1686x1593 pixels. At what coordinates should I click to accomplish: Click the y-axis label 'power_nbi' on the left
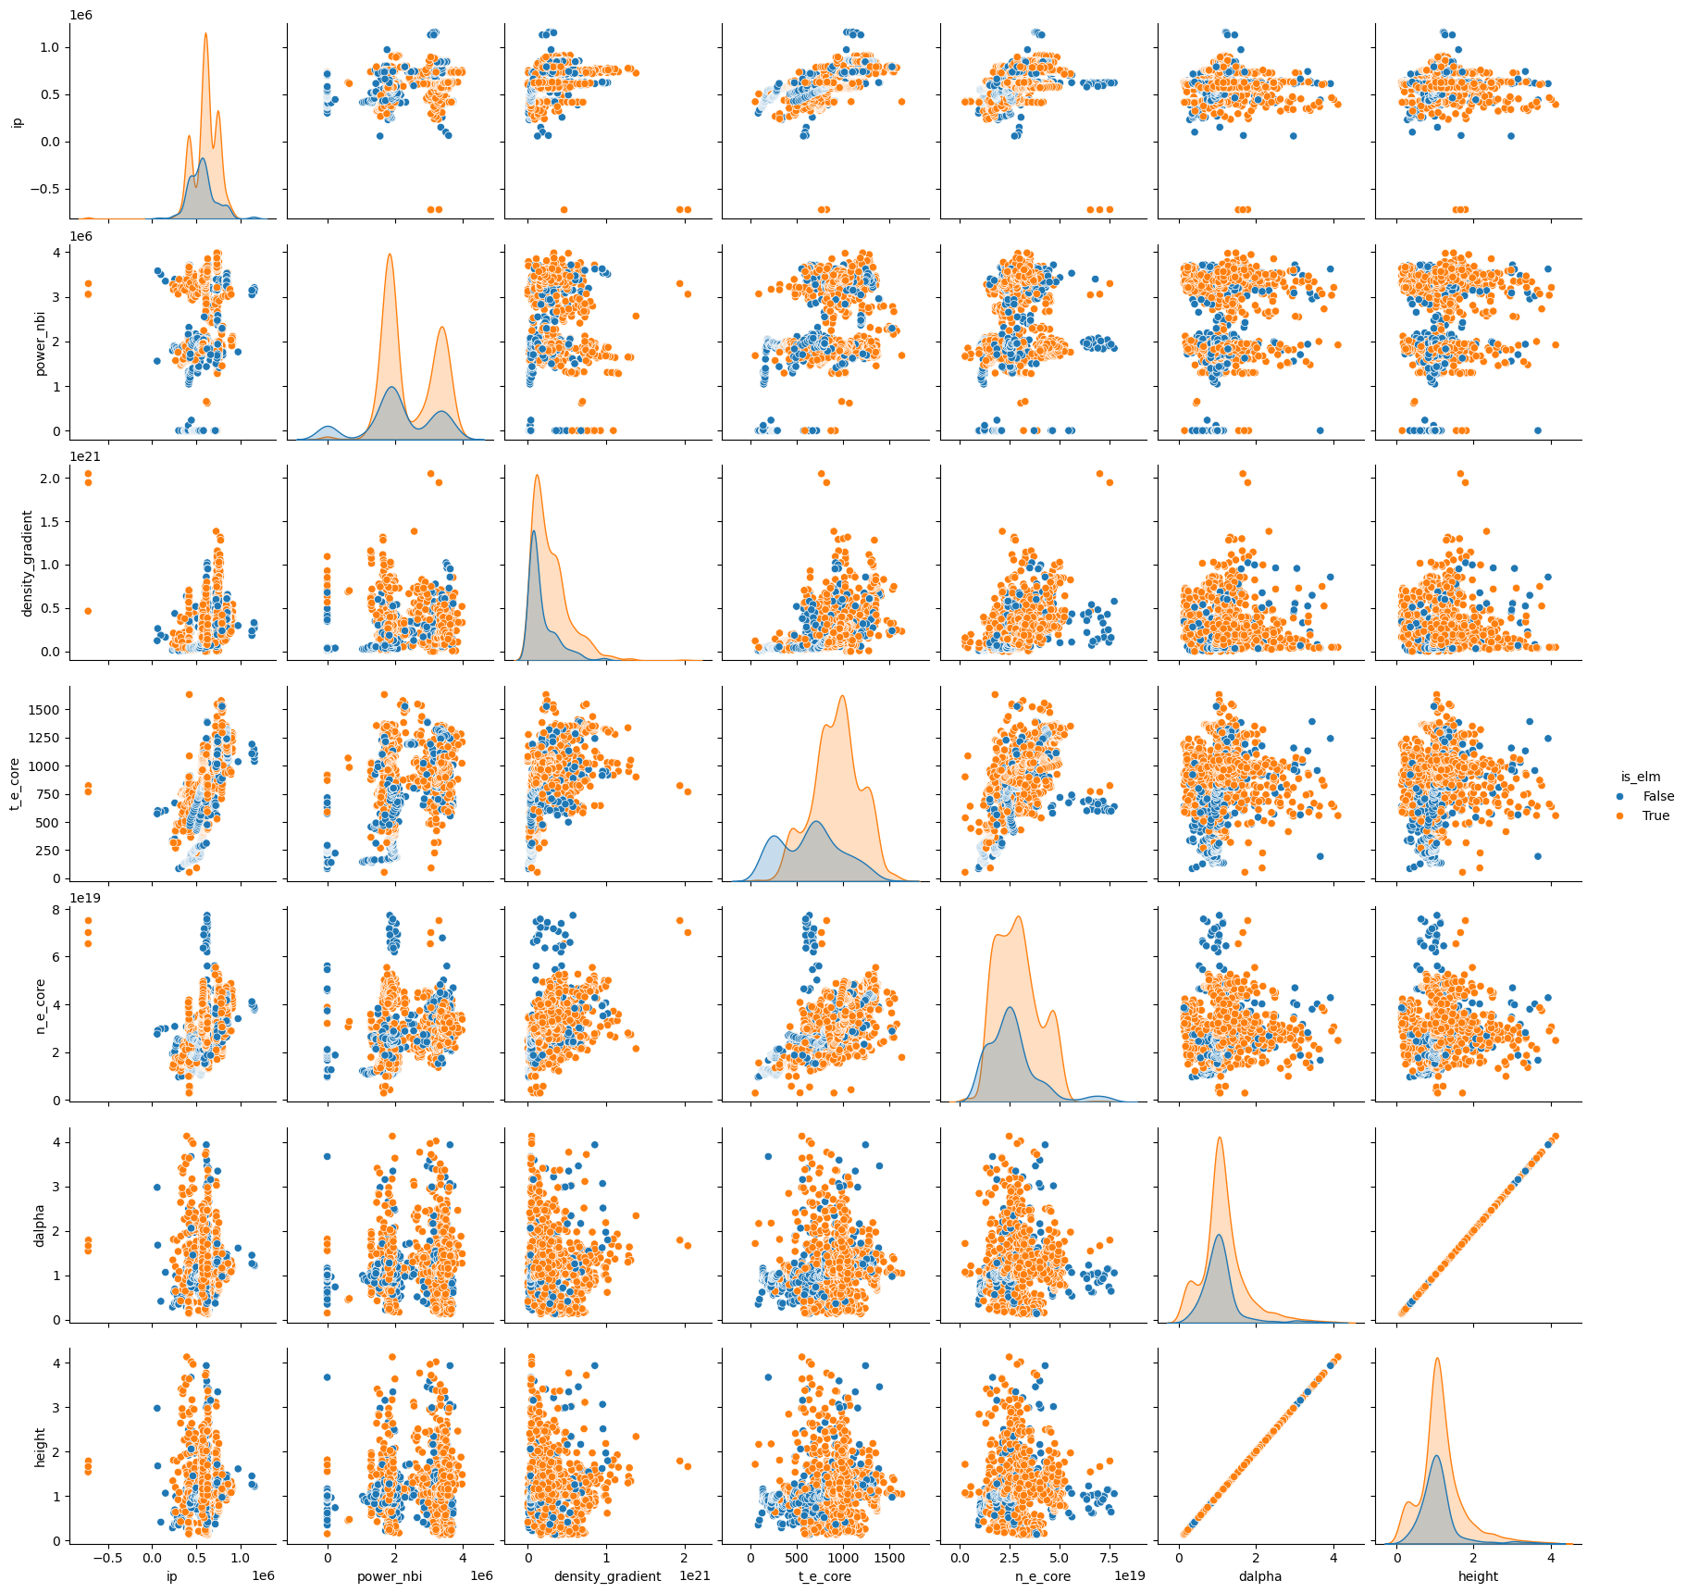41,342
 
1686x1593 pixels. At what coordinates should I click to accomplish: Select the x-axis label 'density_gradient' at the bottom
607,1576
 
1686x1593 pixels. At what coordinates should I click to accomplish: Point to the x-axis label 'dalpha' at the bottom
1260,1576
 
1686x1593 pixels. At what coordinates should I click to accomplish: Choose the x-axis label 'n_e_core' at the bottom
1043,1576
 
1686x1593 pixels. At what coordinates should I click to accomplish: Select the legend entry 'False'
1658,796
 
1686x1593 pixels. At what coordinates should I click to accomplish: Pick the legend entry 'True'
1655,815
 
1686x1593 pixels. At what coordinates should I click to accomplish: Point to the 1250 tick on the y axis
47,738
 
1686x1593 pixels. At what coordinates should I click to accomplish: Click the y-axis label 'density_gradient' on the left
28,563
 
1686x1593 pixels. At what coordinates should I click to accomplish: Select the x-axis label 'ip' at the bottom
171,1576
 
